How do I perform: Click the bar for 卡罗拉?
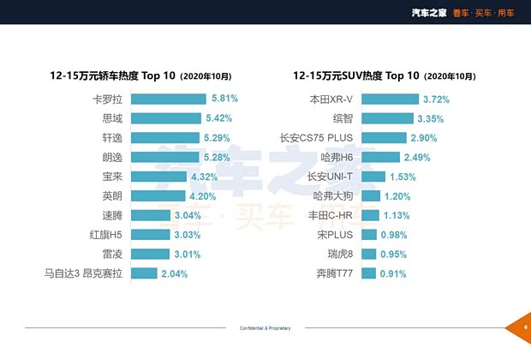pyautogui.click(x=168, y=99)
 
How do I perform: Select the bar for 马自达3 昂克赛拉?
pyautogui.click(x=144, y=274)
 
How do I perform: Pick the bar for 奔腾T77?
pyautogui.click(x=343, y=274)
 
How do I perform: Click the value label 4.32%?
pyautogui.click(x=205, y=177)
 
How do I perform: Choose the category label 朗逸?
pyautogui.click(x=112, y=158)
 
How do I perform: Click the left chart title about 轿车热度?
pyautogui.click(x=141, y=75)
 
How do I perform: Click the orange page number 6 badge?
pyautogui.click(x=519, y=327)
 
